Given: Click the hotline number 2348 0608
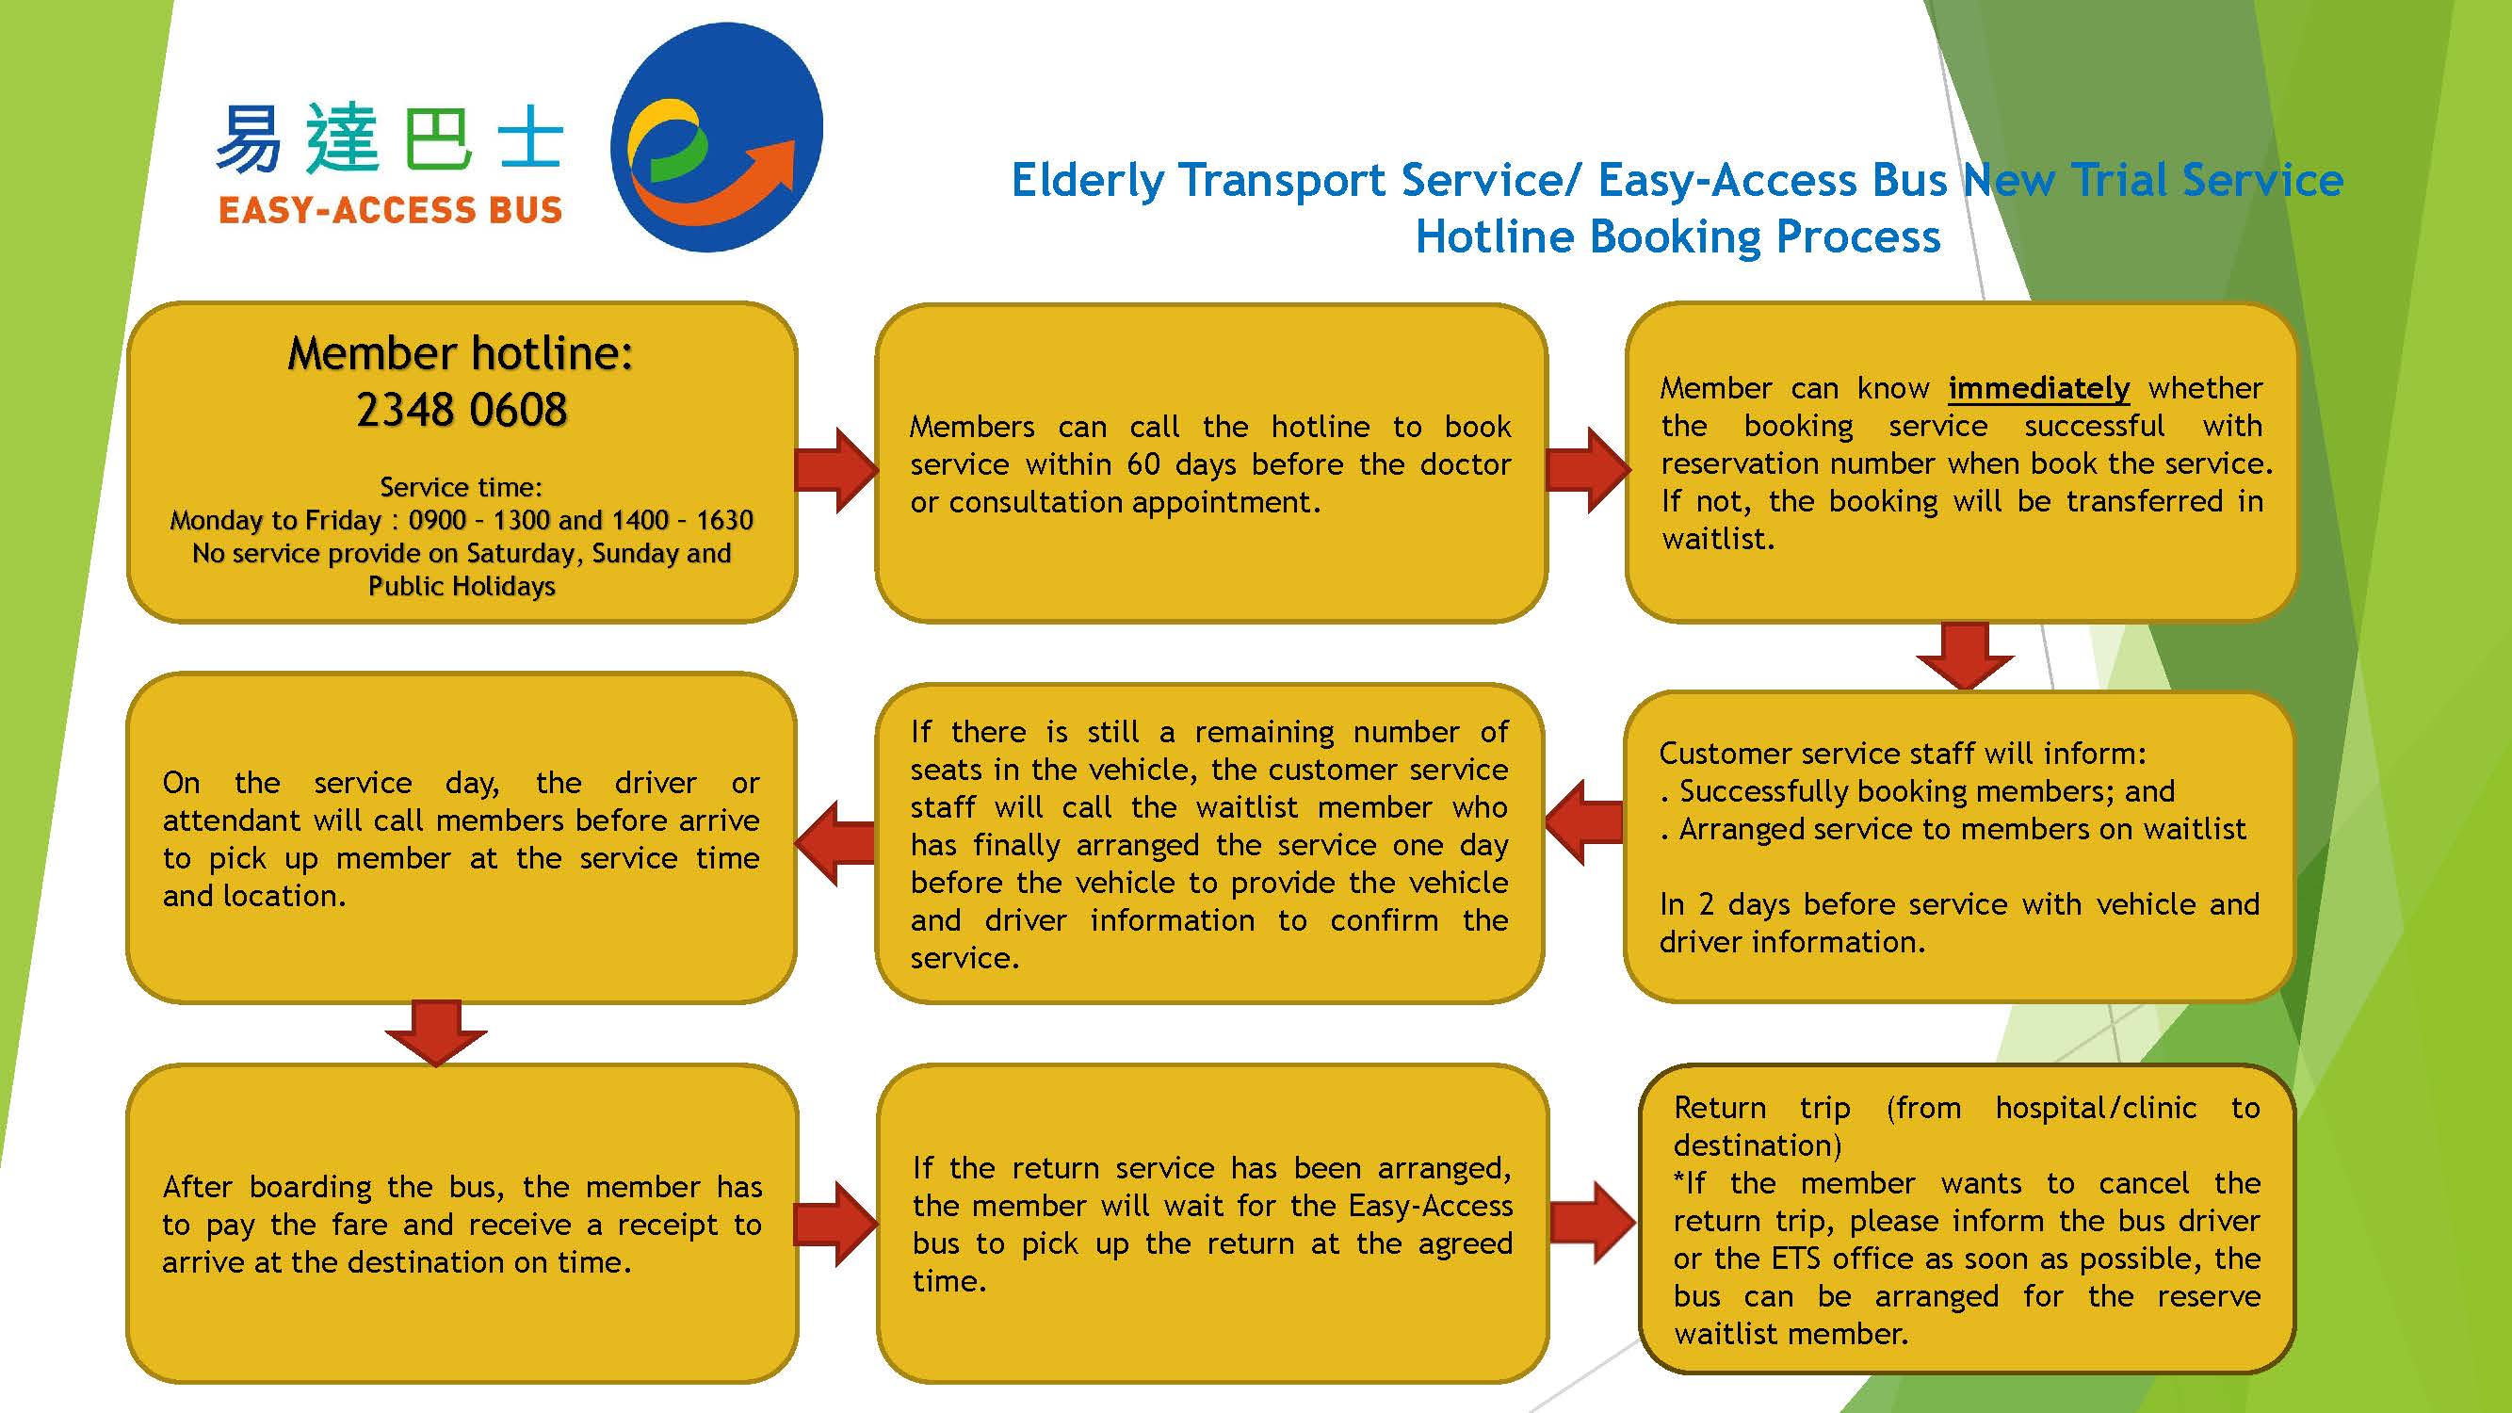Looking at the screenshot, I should pyautogui.click(x=462, y=410).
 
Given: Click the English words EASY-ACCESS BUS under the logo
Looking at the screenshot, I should pyautogui.click(x=390, y=211).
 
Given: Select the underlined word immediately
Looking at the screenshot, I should pyautogui.click(x=2038, y=388).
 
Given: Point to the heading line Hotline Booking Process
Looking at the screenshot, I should pyautogui.click(x=1677, y=237).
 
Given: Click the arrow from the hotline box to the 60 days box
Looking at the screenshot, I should pyautogui.click(x=835, y=469).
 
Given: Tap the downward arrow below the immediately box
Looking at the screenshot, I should pyautogui.click(x=1965, y=656).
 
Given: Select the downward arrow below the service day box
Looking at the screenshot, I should pyautogui.click(x=436, y=1031).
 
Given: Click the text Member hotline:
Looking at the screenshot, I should pyautogui.click(x=461, y=353).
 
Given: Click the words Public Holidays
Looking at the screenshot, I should pyautogui.click(x=462, y=586).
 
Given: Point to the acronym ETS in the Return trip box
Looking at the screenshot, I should pyautogui.click(x=1795, y=1259).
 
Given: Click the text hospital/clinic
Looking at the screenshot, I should pyautogui.click(x=2096, y=1108).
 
